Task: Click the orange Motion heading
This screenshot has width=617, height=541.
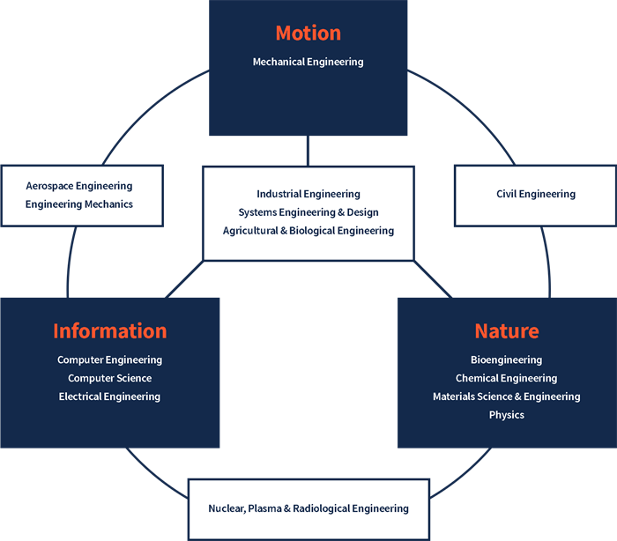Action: [308, 33]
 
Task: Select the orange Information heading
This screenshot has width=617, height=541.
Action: [109, 331]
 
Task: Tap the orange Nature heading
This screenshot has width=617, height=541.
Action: [506, 331]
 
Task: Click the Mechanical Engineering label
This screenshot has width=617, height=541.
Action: [308, 62]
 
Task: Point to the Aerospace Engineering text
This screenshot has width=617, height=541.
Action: [79, 186]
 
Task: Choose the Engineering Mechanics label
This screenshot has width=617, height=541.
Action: [79, 204]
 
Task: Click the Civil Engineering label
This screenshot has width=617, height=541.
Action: [536, 194]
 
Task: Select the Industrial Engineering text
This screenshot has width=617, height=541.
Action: [308, 194]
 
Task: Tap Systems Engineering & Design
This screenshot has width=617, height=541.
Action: [308, 212]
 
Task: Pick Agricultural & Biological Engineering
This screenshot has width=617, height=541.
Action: [308, 231]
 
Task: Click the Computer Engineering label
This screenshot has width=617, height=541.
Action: [109, 359]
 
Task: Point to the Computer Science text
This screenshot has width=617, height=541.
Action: [109, 378]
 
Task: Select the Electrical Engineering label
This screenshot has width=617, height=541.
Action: [109, 396]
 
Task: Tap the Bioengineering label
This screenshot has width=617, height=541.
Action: [506, 359]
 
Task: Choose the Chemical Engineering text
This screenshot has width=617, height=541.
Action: [506, 378]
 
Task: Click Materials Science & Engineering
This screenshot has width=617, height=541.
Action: [506, 396]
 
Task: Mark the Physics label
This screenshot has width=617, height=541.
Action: [506, 415]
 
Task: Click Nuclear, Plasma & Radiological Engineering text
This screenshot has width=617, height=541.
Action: [308, 508]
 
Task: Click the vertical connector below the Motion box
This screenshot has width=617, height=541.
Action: [308, 151]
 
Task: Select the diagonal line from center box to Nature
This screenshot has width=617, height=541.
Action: [432, 279]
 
